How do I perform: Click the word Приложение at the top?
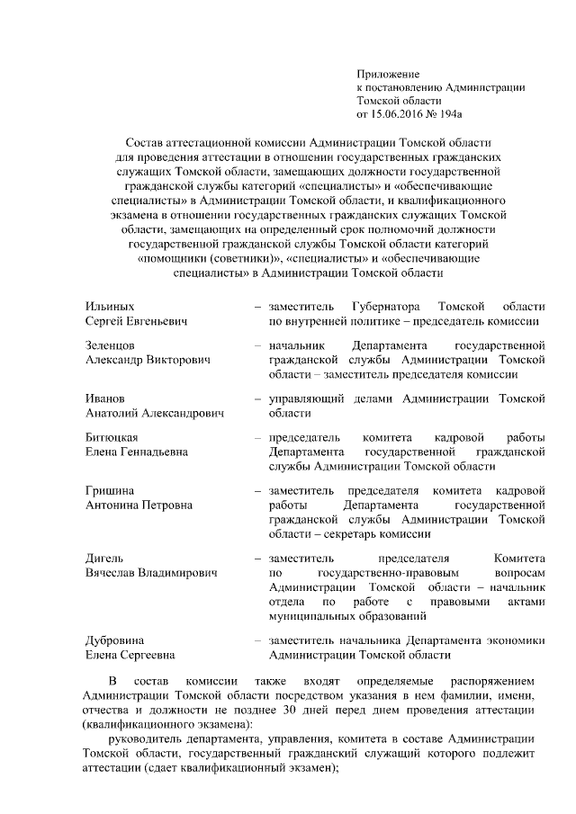[x=388, y=73]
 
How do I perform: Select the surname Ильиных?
[x=109, y=307]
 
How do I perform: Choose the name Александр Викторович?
[x=148, y=360]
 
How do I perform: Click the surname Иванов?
[x=105, y=398]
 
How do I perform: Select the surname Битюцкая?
[x=112, y=437]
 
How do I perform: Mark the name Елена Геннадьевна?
[x=137, y=452]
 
